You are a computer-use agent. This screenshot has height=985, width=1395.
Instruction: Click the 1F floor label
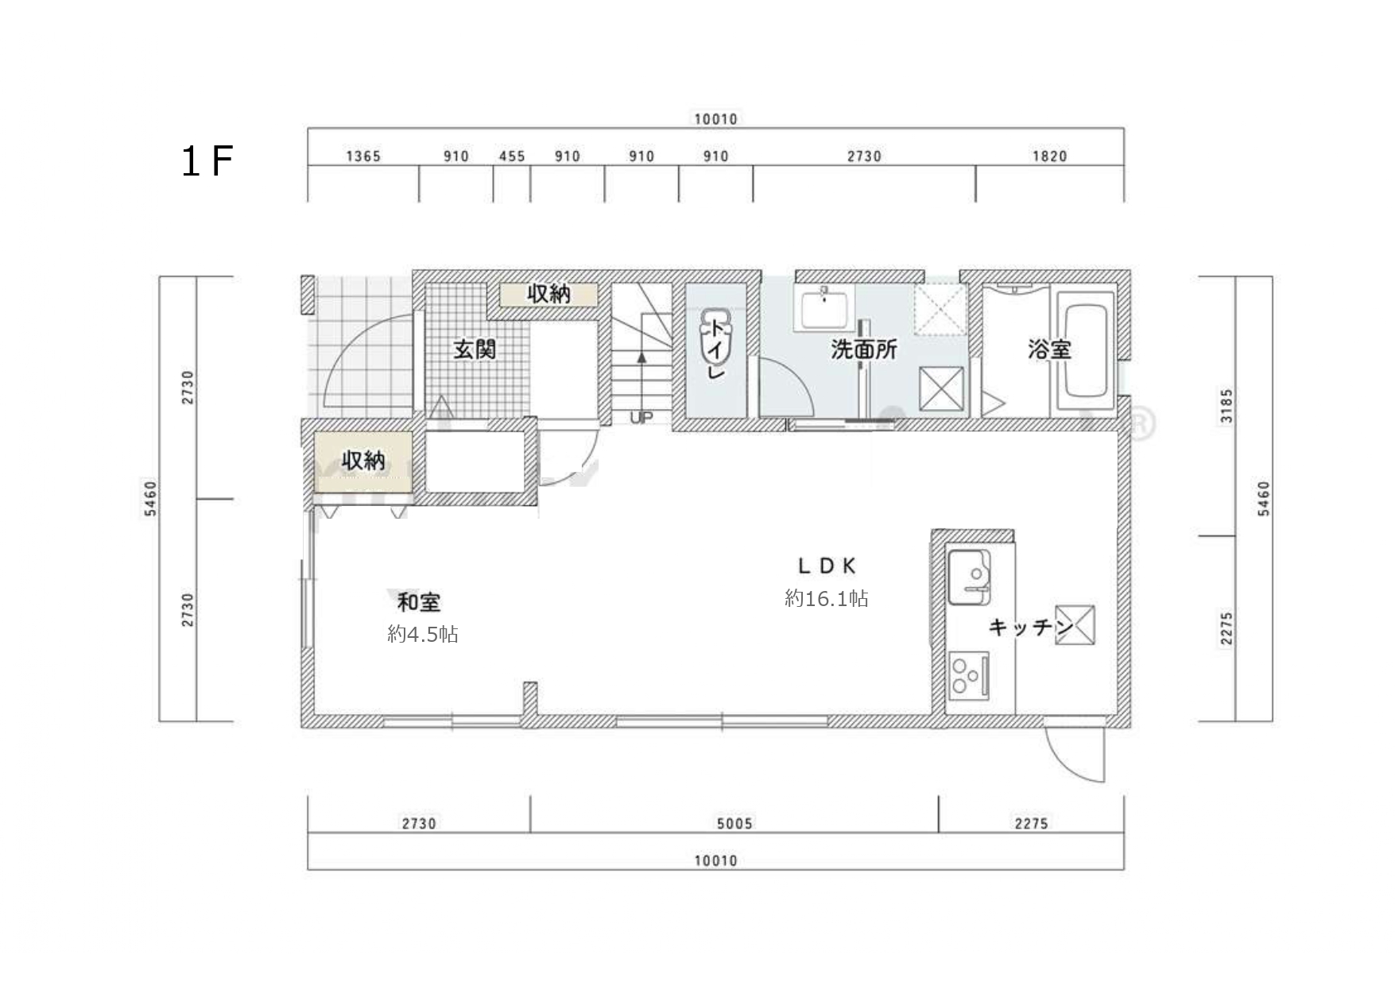pyautogui.click(x=207, y=161)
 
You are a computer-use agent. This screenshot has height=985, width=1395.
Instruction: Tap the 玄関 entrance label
pyautogui.click(x=475, y=349)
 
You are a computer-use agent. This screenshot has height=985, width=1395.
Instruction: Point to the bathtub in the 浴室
pyautogui.click(x=1085, y=353)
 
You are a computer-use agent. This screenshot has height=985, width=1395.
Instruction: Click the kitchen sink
pyautogui.click(x=969, y=576)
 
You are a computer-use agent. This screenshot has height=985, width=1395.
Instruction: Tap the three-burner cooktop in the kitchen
pyautogui.click(x=968, y=675)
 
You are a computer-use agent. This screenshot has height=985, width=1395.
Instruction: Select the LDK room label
pyautogui.click(x=827, y=566)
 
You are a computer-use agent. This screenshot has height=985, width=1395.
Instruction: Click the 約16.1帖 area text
pyautogui.click(x=827, y=598)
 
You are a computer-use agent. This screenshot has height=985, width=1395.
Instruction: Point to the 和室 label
pyautogui.click(x=419, y=602)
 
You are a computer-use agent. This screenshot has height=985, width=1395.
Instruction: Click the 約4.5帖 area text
pyautogui.click(x=423, y=634)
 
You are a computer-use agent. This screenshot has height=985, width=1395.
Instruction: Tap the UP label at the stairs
pyautogui.click(x=641, y=417)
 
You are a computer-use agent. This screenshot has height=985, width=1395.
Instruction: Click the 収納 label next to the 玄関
pyautogui.click(x=548, y=294)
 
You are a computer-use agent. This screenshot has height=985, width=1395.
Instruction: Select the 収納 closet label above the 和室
pyautogui.click(x=363, y=460)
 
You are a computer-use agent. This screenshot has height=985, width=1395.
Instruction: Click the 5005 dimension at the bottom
pyautogui.click(x=734, y=823)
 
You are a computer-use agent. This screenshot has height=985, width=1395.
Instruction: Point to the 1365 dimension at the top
pyautogui.click(x=363, y=156)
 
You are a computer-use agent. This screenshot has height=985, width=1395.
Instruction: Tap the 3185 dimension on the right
pyautogui.click(x=1227, y=406)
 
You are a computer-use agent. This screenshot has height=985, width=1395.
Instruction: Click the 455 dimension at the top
pyautogui.click(x=512, y=156)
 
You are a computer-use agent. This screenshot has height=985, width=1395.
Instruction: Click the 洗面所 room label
pyautogui.click(x=864, y=349)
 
